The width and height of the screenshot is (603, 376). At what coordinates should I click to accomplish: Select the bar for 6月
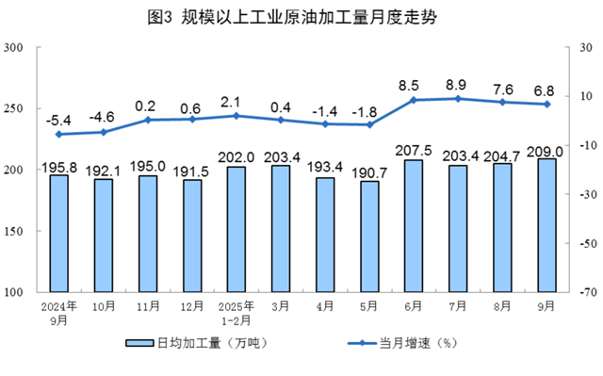click(x=413, y=226)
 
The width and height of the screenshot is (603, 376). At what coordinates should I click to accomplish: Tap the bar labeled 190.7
click(x=368, y=237)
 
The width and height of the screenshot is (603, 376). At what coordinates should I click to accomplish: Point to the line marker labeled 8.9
click(x=458, y=98)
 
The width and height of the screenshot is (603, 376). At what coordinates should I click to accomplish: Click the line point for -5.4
click(x=58, y=134)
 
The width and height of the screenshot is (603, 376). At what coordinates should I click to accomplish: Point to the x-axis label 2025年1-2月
click(x=236, y=313)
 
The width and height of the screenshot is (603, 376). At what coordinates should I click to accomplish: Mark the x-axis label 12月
click(x=191, y=307)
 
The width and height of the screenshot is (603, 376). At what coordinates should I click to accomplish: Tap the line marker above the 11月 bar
click(x=147, y=120)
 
